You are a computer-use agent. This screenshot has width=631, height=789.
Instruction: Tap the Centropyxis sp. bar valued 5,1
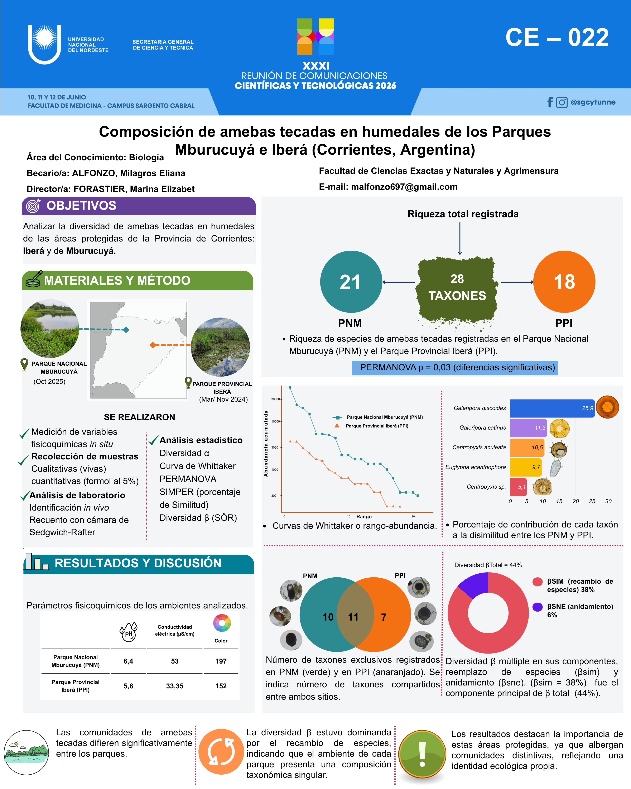pyautogui.click(x=518, y=487)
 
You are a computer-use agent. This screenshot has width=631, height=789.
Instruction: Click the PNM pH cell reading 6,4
pyautogui.click(x=128, y=661)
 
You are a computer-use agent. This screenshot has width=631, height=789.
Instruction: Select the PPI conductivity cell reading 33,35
pyautogui.click(x=175, y=686)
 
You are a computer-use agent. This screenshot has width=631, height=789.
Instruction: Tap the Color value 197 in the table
pyautogui.click(x=221, y=661)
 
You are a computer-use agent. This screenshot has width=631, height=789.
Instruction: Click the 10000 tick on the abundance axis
pyautogui.click(x=275, y=422)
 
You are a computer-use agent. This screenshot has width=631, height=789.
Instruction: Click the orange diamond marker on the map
pyautogui.click(x=153, y=345)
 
